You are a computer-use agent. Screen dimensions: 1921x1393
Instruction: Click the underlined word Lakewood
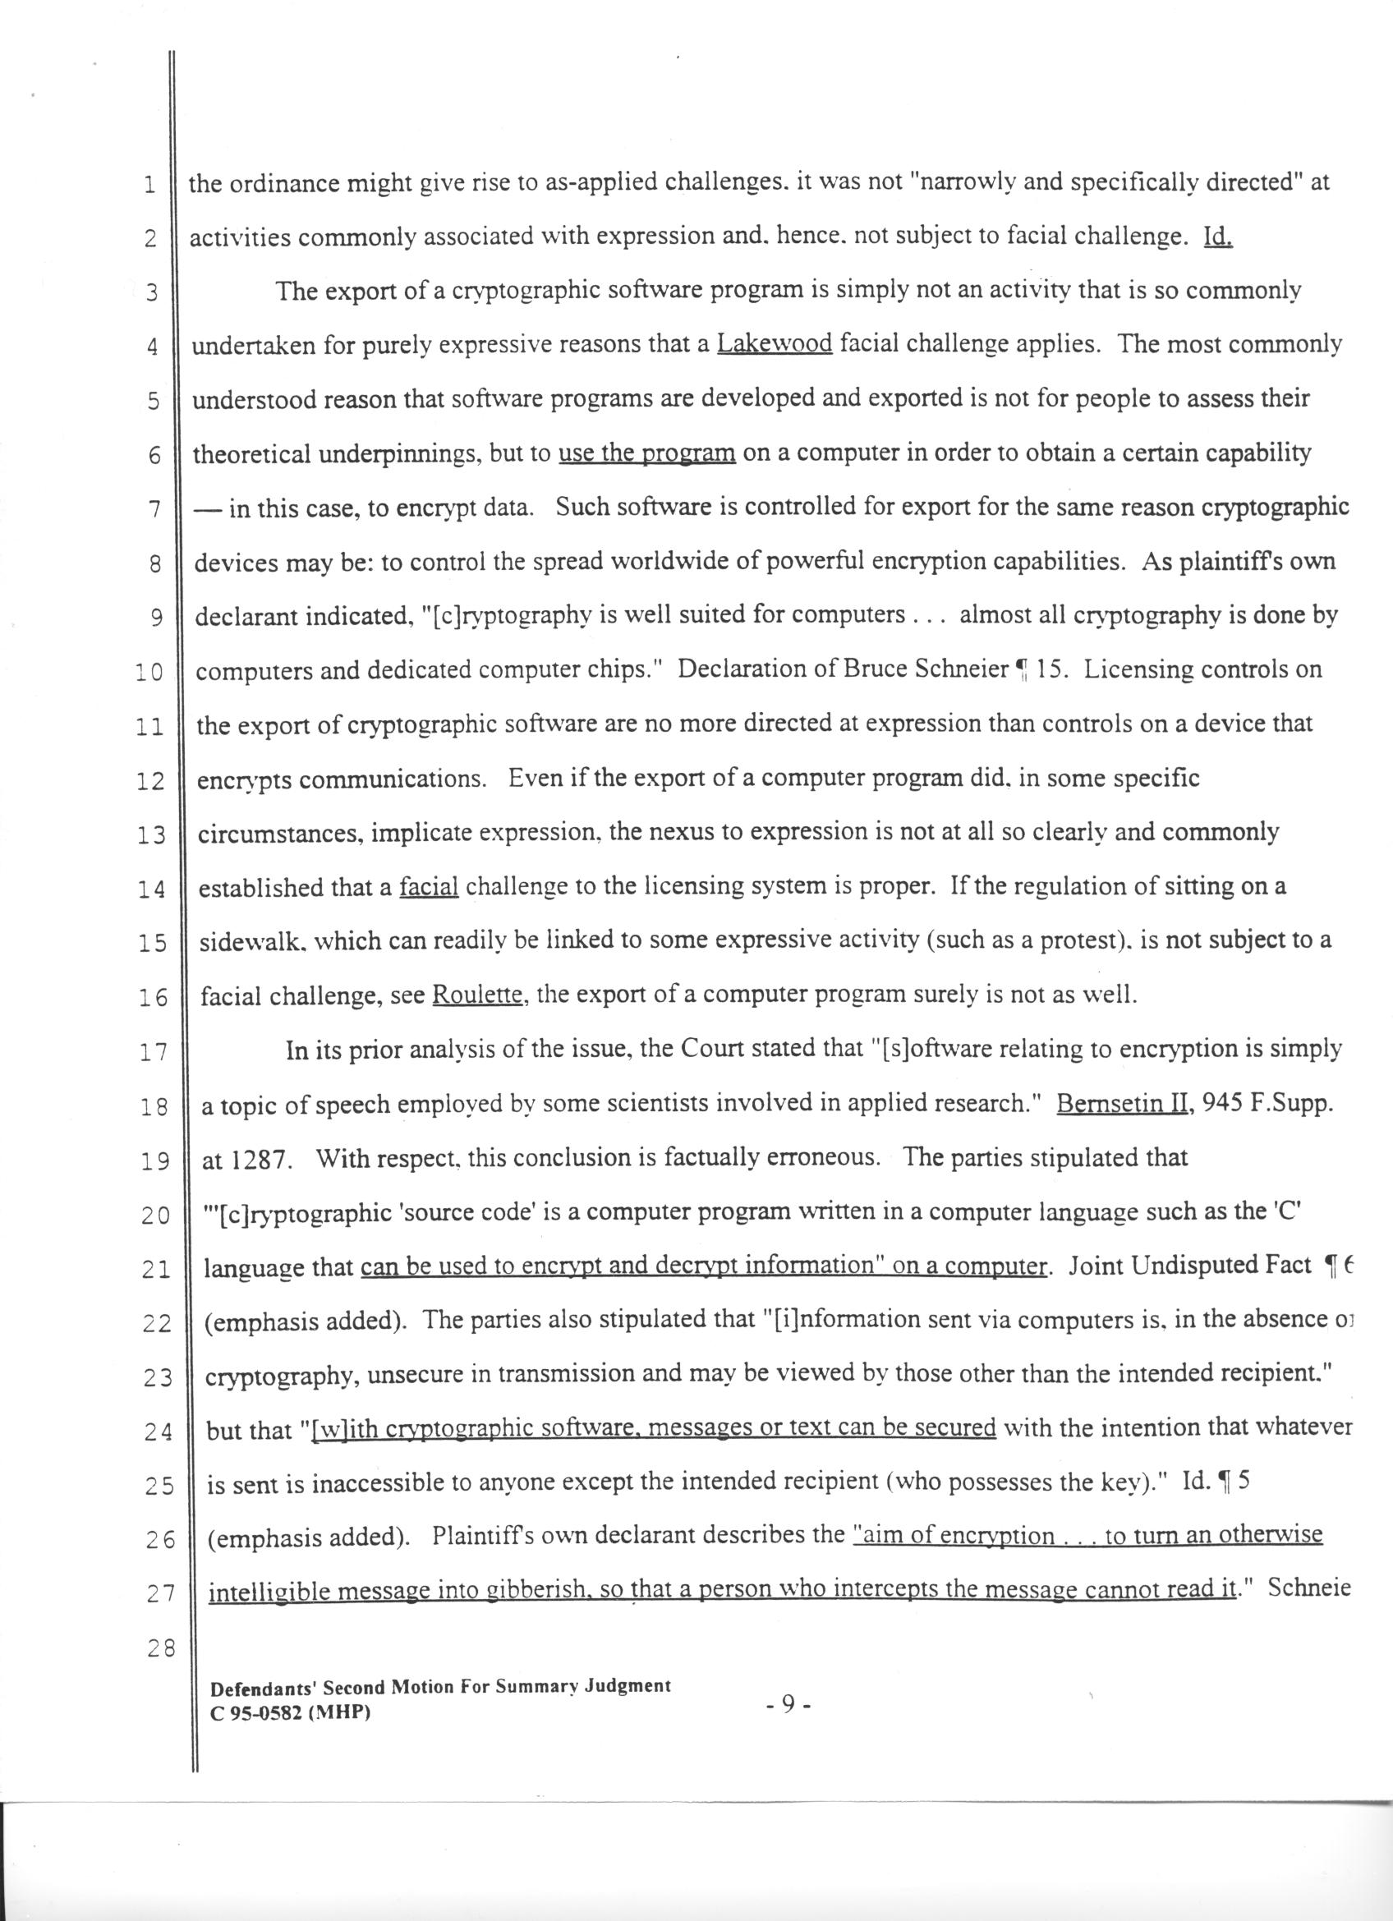coord(774,345)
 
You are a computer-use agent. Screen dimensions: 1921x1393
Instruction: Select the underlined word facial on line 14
coord(429,887)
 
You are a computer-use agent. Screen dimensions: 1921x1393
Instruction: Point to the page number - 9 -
coord(788,1705)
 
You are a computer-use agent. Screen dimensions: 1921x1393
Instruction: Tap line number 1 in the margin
coord(149,185)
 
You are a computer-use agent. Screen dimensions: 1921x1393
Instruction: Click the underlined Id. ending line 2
coord(1217,237)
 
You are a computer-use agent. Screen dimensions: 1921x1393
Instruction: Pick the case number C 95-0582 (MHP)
coord(291,1712)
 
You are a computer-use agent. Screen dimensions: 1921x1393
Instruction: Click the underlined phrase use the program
coord(647,454)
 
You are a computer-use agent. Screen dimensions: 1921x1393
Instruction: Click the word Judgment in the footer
coord(628,1685)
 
